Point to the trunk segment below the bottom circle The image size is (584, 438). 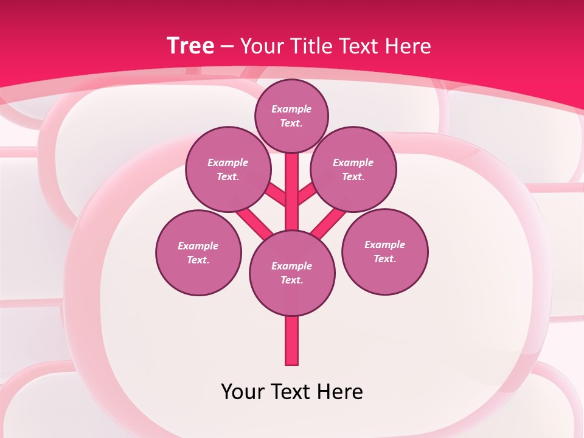click(292, 341)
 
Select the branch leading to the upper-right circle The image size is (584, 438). click(307, 195)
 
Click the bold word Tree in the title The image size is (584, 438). click(190, 46)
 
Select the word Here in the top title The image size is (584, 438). click(409, 46)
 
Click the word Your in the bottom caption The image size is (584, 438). click(242, 392)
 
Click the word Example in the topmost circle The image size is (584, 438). click(291, 109)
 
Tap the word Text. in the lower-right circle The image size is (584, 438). click(384, 259)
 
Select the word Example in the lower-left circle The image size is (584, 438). click(198, 246)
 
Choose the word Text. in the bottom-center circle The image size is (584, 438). click(291, 280)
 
